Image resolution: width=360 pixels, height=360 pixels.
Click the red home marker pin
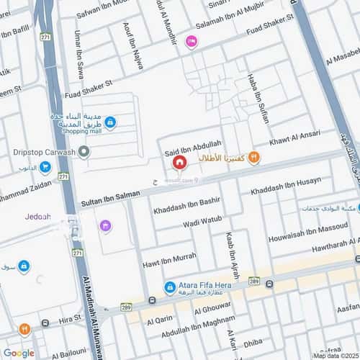177,163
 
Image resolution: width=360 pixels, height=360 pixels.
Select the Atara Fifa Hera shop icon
169,287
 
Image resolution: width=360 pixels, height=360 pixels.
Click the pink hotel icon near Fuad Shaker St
191,42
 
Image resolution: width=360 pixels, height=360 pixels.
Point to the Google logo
19,353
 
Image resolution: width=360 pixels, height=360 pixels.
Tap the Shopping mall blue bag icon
109,122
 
